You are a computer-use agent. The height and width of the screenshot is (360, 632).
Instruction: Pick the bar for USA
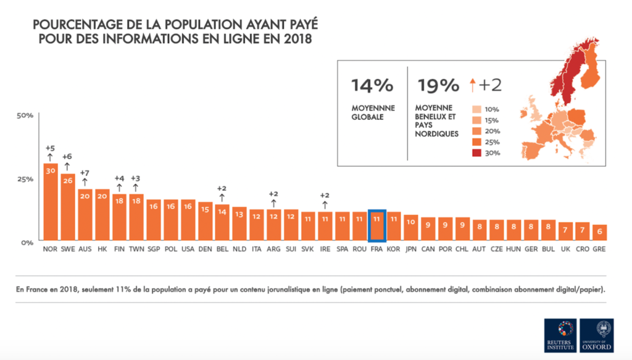click(188, 220)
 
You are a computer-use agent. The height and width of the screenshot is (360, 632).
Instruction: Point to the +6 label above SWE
click(67, 156)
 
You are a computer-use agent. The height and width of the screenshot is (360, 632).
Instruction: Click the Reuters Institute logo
click(560, 335)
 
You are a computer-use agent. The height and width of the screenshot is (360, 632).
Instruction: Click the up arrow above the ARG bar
click(273, 202)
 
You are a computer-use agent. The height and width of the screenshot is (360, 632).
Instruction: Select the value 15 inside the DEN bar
click(205, 209)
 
